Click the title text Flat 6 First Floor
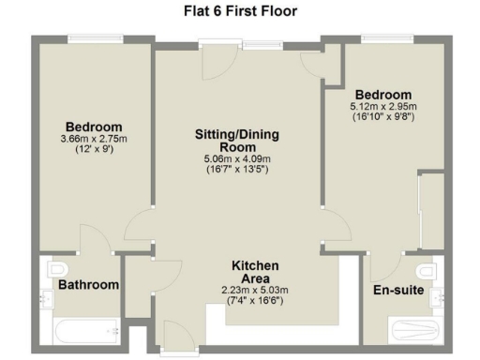[x=239, y=11]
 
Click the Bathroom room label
[x=89, y=285]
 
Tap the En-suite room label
[x=399, y=291]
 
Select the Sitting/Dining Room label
[x=236, y=141]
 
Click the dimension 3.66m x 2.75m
[x=93, y=140]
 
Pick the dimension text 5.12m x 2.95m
[x=382, y=108]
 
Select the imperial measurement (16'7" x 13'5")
[x=236, y=171]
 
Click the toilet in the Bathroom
[x=52, y=267]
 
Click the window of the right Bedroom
[x=381, y=38]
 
